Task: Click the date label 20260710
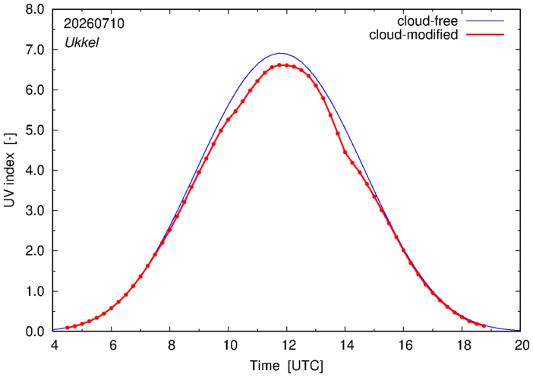[x=94, y=24]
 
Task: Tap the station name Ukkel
[x=81, y=42]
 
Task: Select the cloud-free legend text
[x=427, y=21]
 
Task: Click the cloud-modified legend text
[x=413, y=35]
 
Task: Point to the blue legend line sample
[x=484, y=21]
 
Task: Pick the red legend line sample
[x=484, y=35]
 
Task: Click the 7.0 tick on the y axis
[x=35, y=50]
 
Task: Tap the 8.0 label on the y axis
[x=35, y=10]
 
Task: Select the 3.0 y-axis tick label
[x=35, y=211]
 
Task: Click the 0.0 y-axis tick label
[x=35, y=331]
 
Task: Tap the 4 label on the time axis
[x=55, y=345]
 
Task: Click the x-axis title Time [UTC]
[x=286, y=366]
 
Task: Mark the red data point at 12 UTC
[x=286, y=65]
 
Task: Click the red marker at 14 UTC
[x=345, y=152]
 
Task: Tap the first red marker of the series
[x=68, y=328]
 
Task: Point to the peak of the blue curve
[x=279, y=53]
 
